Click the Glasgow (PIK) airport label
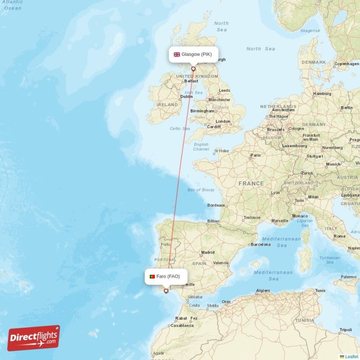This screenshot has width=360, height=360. coord(193,54)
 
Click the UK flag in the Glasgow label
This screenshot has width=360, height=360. coord(177,54)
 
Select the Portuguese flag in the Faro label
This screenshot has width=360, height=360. coord(152,276)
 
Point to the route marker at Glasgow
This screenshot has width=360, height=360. coord(193,69)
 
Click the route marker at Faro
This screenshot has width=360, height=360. coord(166,291)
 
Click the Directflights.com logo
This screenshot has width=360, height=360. coord(34,338)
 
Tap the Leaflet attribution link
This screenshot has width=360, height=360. coord(351,356)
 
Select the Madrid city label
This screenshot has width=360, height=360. coord(208,252)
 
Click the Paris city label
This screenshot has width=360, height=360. coord(256,155)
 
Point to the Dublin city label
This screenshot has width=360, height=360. coord(186,96)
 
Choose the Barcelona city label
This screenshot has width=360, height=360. coord(261,245)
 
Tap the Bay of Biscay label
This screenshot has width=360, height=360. coord(201,190)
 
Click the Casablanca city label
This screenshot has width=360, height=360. coord(181,325)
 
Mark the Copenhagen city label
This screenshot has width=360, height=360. coord(346,64)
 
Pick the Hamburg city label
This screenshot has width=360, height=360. coord(322,94)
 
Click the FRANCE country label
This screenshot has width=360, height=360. coord(251,184)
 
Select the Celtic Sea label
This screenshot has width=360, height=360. coord(180,129)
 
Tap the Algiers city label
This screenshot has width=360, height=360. coord(263,291)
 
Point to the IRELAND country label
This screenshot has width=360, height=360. coord(167,104)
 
